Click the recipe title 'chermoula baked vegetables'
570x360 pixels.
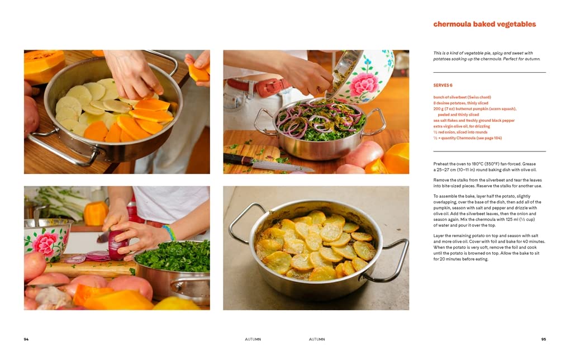pyautogui.click(x=484, y=25)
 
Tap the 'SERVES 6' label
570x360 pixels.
pyautogui.click(x=443, y=86)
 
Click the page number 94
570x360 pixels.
pyautogui.click(x=26, y=339)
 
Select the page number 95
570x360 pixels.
pyautogui.click(x=544, y=339)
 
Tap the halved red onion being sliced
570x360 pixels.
pyautogui.click(x=118, y=245)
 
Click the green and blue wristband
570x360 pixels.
pyautogui.click(x=169, y=233)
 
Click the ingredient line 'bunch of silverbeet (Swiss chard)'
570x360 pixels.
pyautogui.click(x=462, y=97)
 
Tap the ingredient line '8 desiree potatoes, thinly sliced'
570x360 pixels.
pyautogui.click(x=460, y=103)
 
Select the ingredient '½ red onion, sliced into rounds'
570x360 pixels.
pyautogui.click(x=460, y=132)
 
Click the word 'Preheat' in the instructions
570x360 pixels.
pyautogui.click(x=440, y=164)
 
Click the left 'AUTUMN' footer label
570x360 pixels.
pyautogui.click(x=253, y=339)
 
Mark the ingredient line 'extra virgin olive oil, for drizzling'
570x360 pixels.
pyautogui.click(x=462, y=126)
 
